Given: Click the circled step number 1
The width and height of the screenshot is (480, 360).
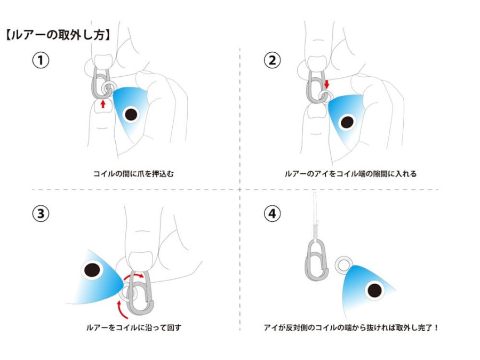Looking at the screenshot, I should [41, 60].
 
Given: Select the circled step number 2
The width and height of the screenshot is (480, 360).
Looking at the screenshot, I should [273, 60].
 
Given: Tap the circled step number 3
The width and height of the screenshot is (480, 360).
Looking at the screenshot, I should [41, 214].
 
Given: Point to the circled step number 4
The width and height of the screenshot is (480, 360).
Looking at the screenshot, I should [273, 214].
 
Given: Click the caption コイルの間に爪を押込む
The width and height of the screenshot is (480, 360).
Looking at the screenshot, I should [134, 174].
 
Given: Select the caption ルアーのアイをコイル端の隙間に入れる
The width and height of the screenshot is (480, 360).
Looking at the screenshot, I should [350, 174].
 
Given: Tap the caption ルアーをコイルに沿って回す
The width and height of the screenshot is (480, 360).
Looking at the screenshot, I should [134, 327].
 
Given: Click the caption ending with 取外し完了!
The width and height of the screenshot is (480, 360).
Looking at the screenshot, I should [351, 327].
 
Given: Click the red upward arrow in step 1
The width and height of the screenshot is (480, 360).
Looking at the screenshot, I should [103, 103].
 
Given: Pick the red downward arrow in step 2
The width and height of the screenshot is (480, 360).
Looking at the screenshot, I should [327, 84].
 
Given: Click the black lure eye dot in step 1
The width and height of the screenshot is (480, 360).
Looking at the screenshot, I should [130, 113].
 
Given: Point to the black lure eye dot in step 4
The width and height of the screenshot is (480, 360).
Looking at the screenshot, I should [374, 290].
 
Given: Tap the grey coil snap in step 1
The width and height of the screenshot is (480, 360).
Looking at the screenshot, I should [99, 82].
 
